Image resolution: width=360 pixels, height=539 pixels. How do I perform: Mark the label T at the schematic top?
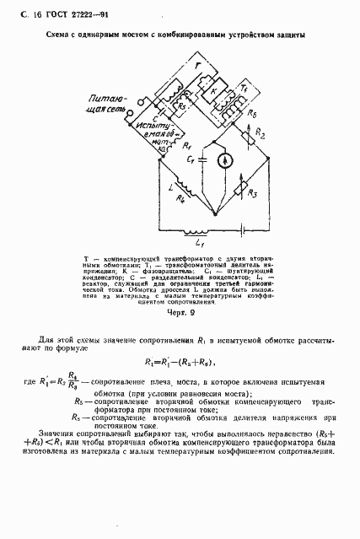(x=196, y=65)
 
